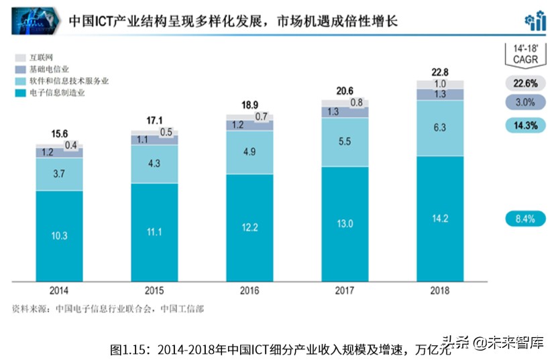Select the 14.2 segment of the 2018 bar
coord(439,218)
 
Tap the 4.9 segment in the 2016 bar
coord(250,152)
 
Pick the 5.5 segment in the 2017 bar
coord(345,141)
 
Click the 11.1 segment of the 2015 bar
coord(154,232)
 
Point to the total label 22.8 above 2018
coord(439,72)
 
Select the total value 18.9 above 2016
coord(250,105)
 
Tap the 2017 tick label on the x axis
coord(345,291)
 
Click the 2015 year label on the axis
coord(154,291)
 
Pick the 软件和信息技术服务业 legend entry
coord(60,81)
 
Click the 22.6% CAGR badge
coord(525,84)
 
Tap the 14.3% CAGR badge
coord(525,125)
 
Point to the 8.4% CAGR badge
coord(525,218)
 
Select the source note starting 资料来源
coord(108,309)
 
